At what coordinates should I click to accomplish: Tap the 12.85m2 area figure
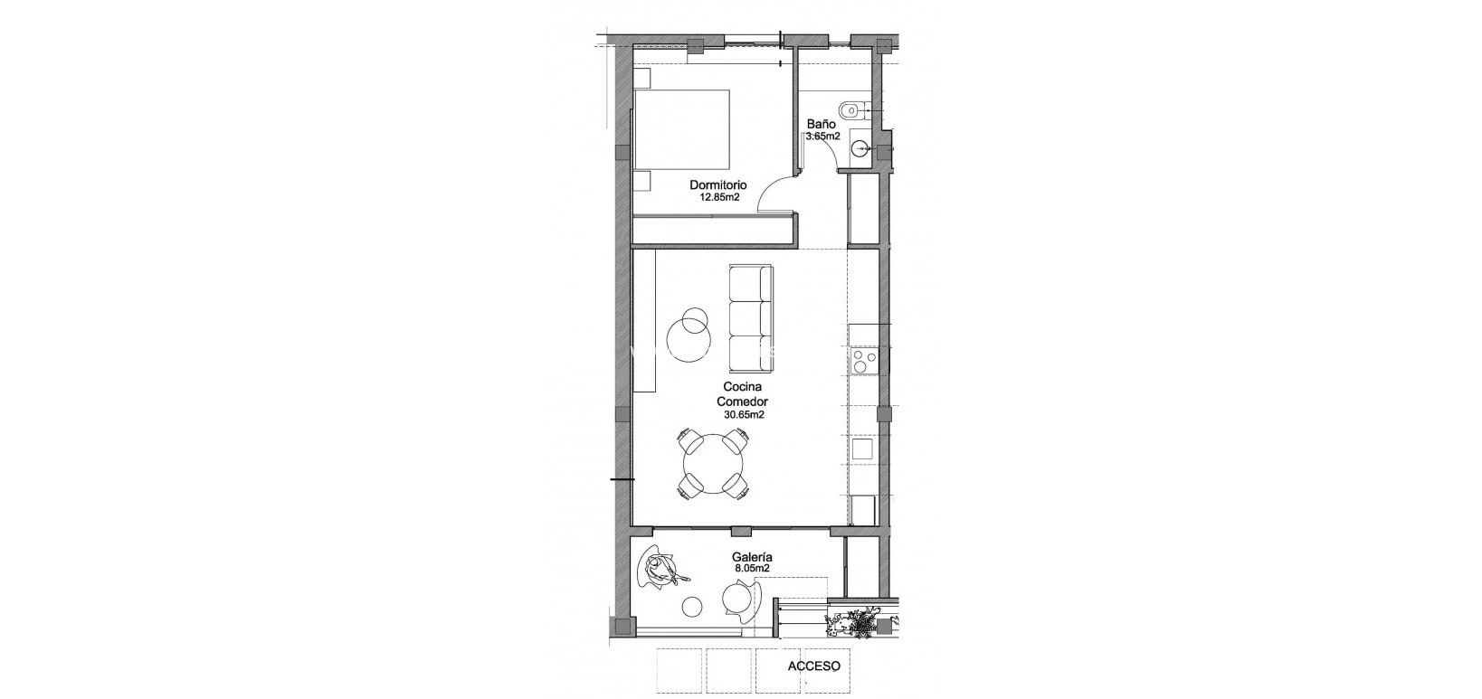pos(715,196)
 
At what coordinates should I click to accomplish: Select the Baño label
pos(822,126)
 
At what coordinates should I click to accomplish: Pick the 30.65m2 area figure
pos(744,415)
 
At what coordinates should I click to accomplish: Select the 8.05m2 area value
pos(751,570)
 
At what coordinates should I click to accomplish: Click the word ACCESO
pos(814,666)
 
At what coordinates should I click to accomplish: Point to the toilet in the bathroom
pos(851,111)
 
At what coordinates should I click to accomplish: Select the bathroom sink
pos(859,151)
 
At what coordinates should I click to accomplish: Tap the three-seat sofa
pos(750,317)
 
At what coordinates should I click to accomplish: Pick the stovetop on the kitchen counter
pos(862,361)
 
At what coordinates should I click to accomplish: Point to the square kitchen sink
pos(861,449)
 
